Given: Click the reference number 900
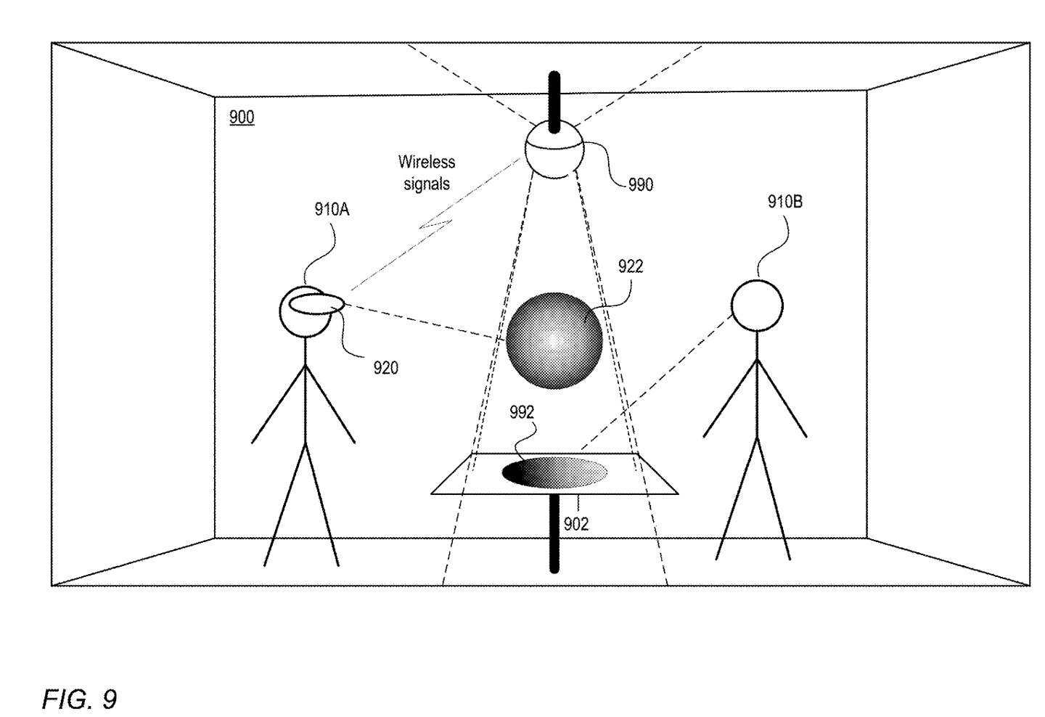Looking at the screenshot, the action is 242,117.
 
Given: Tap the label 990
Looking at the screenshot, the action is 641,185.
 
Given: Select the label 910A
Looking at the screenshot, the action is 332,210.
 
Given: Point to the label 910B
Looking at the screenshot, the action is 785,202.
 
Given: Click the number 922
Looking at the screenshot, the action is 631,266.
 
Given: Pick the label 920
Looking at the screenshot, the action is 386,368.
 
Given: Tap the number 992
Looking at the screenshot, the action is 522,412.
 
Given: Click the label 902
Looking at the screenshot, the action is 576,525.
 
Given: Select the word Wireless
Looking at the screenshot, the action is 427,162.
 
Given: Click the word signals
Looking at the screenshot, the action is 427,184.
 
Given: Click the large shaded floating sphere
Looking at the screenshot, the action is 554,340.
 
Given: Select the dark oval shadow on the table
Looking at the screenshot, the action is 554,472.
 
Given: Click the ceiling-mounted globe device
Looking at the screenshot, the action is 554,149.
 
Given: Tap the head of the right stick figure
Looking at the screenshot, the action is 757,306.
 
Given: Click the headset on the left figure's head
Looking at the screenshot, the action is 316,303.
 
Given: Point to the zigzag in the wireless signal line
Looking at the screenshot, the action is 435,224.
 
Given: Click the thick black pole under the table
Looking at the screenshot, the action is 554,533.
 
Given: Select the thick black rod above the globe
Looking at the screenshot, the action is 554,102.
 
